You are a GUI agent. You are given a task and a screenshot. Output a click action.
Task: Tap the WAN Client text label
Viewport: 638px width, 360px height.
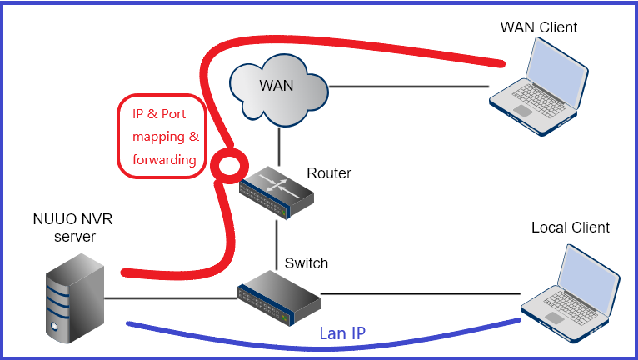click(538, 27)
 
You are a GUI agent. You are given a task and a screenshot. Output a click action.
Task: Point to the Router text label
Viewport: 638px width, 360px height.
click(329, 173)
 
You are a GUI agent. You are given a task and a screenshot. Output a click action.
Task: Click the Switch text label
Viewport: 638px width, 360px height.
click(306, 263)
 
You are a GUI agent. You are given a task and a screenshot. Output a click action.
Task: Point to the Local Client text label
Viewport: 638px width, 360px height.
click(571, 227)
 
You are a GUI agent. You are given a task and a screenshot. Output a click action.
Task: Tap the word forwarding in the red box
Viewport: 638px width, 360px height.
click(164, 159)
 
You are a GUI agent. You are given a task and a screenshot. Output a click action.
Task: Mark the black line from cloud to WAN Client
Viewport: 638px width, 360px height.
click(408, 87)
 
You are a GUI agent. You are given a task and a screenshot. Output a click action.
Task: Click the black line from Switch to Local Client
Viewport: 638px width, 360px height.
click(416, 292)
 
